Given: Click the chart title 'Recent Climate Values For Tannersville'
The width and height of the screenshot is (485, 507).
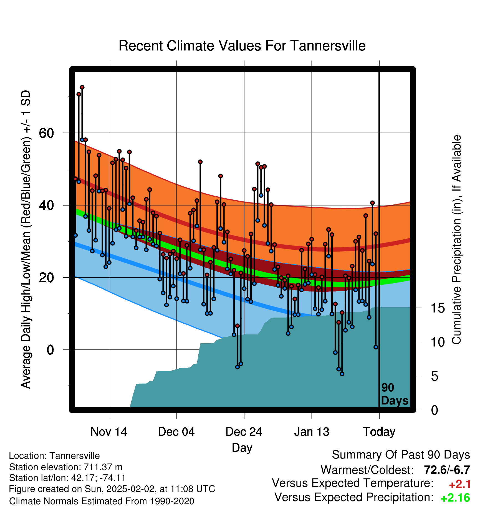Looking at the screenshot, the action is click(242, 46).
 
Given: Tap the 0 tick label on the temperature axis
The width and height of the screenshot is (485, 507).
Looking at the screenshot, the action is click(50, 350).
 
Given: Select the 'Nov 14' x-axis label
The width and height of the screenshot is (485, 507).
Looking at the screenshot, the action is click(109, 432).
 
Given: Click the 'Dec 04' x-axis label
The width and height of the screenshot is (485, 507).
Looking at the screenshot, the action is click(176, 432).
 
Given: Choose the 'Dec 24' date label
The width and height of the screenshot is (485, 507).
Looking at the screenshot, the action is click(244, 432).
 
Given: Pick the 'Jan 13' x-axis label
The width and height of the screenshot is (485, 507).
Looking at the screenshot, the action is click(312, 432).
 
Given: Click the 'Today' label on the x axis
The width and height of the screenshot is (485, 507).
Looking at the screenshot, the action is click(379, 432).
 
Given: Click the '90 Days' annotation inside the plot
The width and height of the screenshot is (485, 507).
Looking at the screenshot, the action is click(395, 394).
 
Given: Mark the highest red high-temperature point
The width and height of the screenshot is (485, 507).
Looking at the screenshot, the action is click(82, 87).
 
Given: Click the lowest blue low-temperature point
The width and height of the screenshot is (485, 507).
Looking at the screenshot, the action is click(342, 374).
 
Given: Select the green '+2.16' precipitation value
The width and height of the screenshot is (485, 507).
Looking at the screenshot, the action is click(455, 498).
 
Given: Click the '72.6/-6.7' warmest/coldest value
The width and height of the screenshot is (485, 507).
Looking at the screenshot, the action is click(447, 470).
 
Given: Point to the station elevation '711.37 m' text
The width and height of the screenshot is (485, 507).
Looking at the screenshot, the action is click(103, 467).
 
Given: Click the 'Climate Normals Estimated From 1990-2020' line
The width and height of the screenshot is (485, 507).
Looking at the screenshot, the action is click(102, 501).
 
